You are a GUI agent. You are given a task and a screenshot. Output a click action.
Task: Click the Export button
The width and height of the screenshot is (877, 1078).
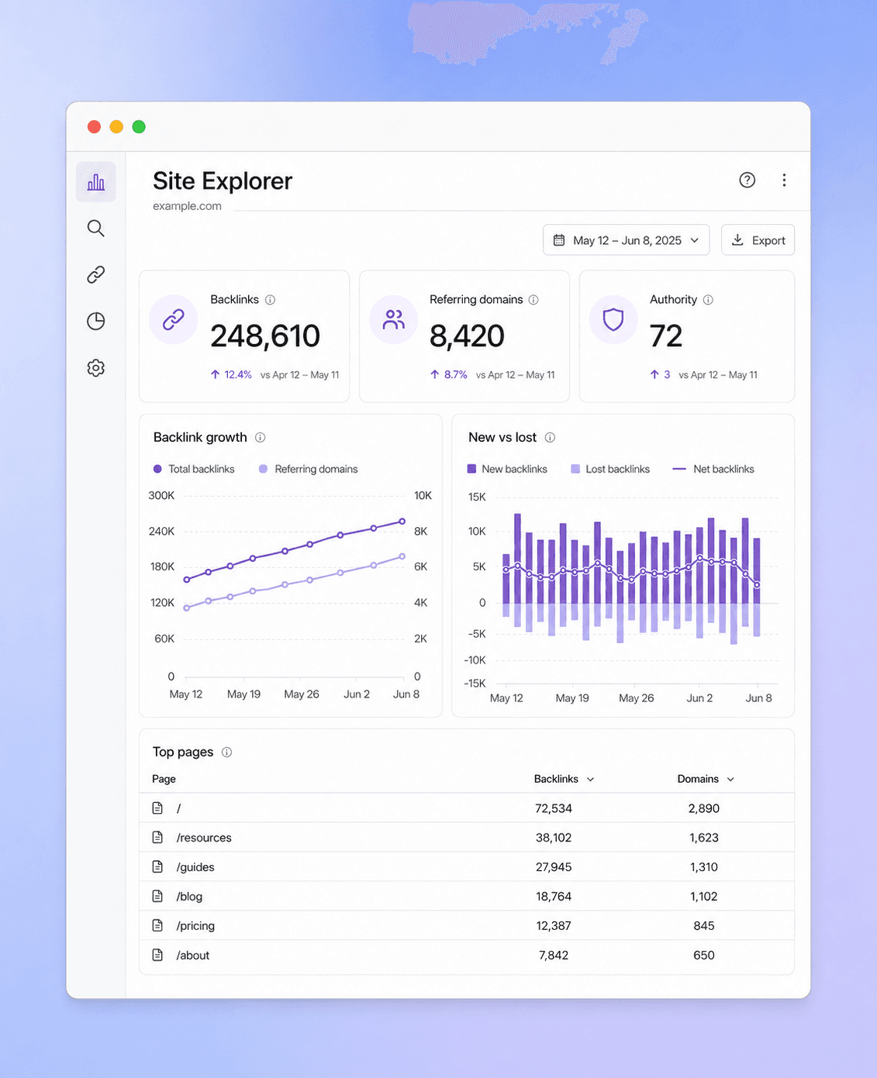(x=758, y=240)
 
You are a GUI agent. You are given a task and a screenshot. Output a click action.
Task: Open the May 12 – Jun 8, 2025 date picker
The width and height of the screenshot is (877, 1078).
(x=626, y=240)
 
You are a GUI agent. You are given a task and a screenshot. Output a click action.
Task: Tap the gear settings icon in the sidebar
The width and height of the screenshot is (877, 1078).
(x=95, y=368)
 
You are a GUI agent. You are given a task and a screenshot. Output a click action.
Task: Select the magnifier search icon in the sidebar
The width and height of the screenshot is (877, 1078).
(x=95, y=229)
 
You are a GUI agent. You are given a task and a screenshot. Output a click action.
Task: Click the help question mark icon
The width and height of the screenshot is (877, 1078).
(x=747, y=180)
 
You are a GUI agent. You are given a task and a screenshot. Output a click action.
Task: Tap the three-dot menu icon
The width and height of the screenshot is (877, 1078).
(x=784, y=180)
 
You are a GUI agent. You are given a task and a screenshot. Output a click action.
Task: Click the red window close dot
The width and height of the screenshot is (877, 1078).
(x=94, y=126)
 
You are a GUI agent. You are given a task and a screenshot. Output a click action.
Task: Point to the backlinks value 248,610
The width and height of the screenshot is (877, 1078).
(x=265, y=336)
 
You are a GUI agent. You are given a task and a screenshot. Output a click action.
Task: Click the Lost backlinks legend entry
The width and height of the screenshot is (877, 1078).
(x=610, y=469)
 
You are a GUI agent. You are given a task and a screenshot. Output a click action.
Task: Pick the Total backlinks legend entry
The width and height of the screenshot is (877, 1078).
(x=194, y=469)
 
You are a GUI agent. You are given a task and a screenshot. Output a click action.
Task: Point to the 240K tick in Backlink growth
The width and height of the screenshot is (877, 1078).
(x=161, y=532)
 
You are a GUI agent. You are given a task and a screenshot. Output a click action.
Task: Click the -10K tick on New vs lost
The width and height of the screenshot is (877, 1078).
(x=475, y=660)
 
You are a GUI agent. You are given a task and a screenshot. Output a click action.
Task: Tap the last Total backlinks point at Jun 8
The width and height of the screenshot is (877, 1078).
(x=402, y=522)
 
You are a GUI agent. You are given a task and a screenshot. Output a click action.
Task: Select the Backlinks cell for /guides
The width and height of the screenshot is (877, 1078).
(x=554, y=867)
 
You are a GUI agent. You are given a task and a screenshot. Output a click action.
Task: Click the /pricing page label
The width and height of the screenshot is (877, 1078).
(x=195, y=925)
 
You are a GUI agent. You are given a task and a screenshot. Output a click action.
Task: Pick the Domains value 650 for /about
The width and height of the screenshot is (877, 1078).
(x=704, y=955)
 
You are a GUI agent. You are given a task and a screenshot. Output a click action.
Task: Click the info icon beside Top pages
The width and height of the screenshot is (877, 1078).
(x=227, y=752)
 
